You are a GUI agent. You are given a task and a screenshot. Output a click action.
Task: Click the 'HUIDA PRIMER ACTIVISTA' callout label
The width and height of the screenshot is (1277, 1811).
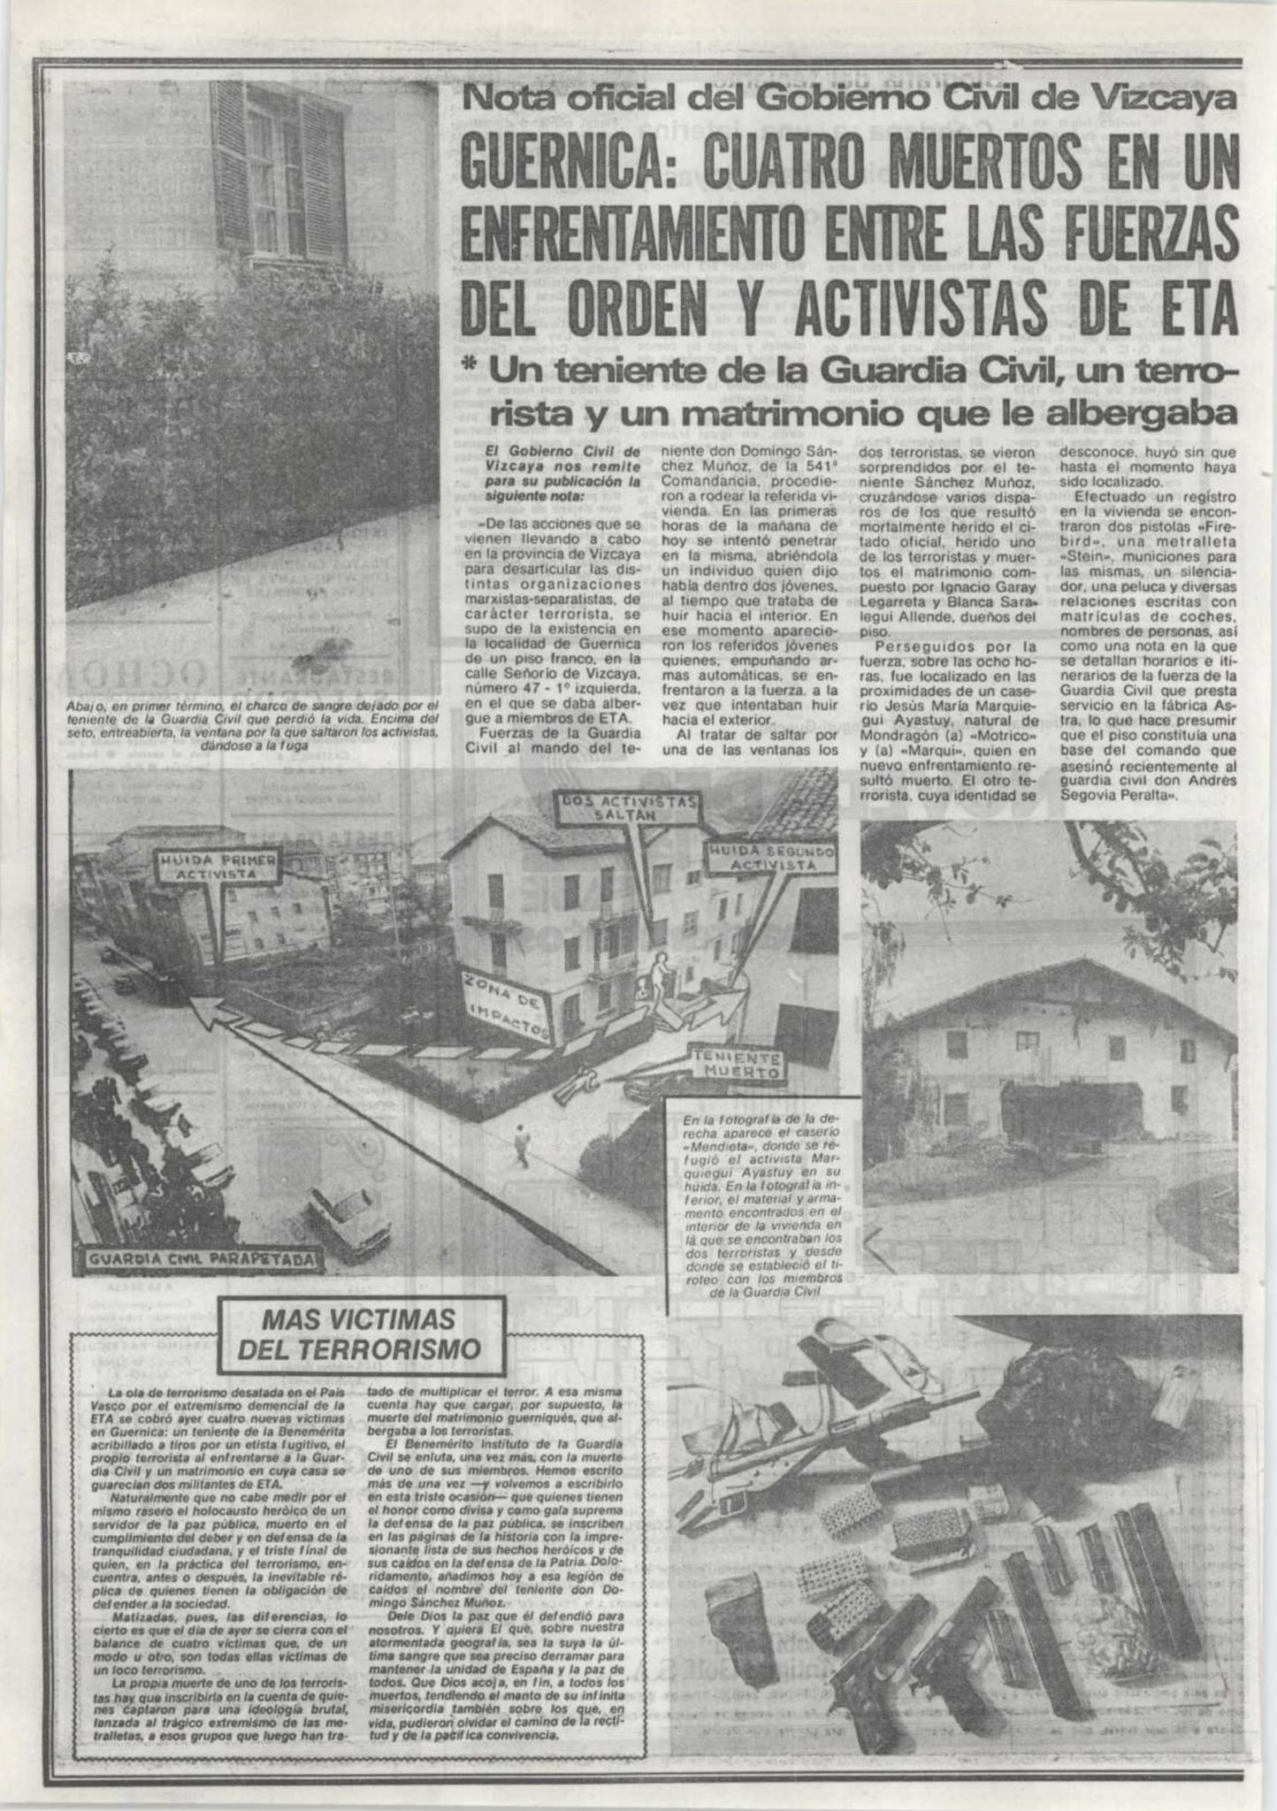pyautogui.click(x=217, y=867)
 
